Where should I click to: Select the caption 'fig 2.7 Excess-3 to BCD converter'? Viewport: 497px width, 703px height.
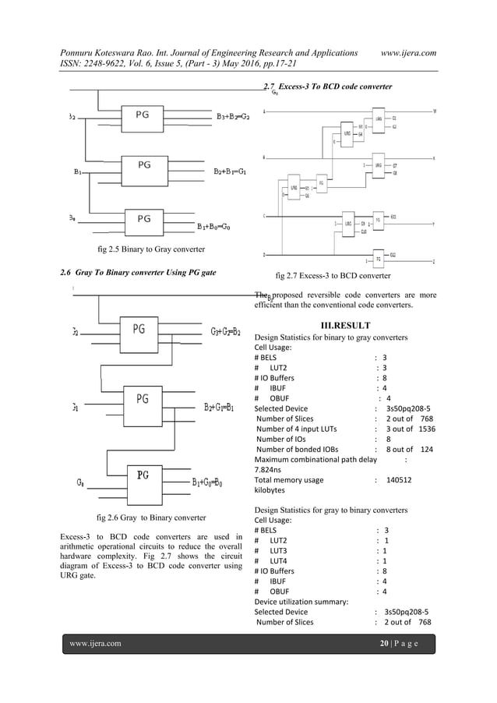(333, 276)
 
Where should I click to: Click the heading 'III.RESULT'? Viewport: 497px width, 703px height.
(345, 325)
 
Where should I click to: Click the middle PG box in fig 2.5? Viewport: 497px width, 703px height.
(143, 166)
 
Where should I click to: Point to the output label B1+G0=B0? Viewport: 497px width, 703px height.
(207, 482)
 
